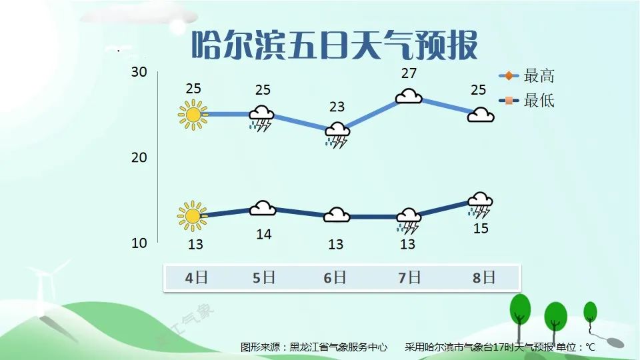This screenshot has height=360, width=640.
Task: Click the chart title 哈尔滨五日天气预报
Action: pos(335,45)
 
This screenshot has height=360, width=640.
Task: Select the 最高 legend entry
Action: pos(527,76)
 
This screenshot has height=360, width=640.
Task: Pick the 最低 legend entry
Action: pos(527,101)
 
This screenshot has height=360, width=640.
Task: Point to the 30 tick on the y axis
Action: pos(139,72)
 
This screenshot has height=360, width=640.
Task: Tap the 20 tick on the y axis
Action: pos(139,157)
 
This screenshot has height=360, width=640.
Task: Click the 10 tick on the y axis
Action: pos(139,243)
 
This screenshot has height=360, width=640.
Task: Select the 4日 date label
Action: pos(196,278)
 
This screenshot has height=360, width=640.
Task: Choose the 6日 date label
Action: pos(335,278)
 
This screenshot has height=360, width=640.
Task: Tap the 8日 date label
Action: pos(484,278)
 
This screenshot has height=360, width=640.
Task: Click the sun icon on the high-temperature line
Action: pos(193,115)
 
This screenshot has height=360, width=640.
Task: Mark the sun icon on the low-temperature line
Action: pos(192,216)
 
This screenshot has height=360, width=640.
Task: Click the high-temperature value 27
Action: pos(409,73)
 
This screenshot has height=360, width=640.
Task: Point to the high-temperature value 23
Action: pos(337,107)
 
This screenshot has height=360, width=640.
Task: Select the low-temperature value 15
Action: pos(481,229)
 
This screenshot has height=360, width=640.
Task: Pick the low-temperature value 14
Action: pos(264,234)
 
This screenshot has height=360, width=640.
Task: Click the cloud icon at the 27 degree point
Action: pos(409,96)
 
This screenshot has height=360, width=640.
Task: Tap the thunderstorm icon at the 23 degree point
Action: pos(337,135)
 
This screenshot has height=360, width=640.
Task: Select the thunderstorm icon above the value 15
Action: pos(480,205)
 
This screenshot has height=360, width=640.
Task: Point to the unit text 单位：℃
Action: pos(575,347)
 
